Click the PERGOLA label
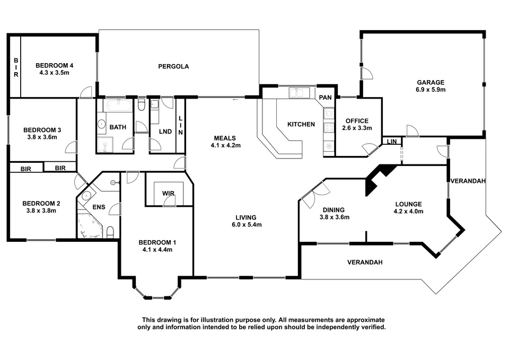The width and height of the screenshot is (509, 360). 173,67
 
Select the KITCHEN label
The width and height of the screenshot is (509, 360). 301,124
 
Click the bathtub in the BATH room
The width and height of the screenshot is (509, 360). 118,105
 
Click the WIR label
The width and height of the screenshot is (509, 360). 168,194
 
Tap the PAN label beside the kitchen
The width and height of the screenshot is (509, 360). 325,98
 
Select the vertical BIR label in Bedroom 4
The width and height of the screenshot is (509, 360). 16,67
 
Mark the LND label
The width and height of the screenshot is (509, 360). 165,131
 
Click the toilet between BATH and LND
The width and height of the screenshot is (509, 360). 142,105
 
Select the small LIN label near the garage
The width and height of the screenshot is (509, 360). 392,142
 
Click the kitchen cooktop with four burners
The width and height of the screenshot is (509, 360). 329,127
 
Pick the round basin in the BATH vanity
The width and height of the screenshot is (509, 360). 101,124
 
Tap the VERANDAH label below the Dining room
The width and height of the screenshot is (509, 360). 365,262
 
